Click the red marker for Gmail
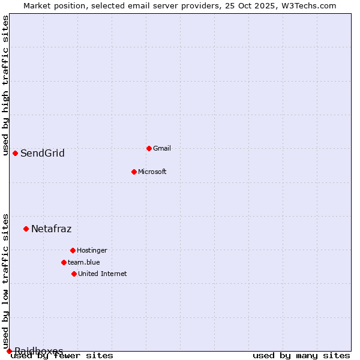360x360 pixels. pos(149,148)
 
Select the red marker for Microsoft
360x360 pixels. pos(134,172)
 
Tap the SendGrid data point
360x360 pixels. pos(15,153)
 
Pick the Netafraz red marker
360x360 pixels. pos(26,229)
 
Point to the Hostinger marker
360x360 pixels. pos(73,250)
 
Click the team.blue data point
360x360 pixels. pos(64,262)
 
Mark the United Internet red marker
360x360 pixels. pos(74,274)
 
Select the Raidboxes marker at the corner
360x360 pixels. pos(9,351)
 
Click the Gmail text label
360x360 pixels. pos(162,148)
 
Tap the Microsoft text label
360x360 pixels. pos(152,172)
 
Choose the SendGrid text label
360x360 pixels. pos(43,154)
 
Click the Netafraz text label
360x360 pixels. pos(52,229)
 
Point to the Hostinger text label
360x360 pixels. pos(92,250)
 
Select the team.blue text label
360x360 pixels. pos(84,262)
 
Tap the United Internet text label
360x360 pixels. pos(103,274)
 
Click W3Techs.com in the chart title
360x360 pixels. pos(308,6)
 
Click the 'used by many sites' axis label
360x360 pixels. pos(301,356)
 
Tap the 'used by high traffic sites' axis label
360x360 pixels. pos(6,85)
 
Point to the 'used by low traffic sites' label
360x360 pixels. pos(6,281)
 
